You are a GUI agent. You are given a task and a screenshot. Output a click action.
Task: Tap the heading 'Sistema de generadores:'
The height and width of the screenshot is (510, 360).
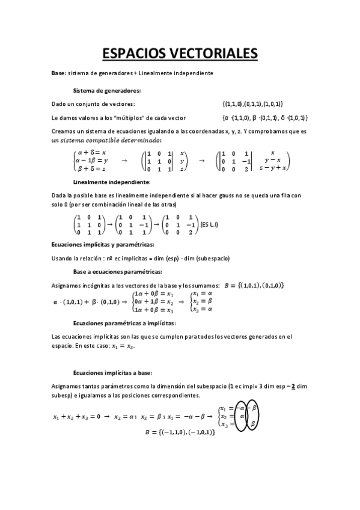pyautogui.click(x=107, y=91)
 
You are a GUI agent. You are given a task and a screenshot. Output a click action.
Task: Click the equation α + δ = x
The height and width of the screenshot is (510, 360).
pyautogui.click(x=92, y=152)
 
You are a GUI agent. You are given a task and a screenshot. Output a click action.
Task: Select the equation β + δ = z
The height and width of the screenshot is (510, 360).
pyautogui.click(x=92, y=170)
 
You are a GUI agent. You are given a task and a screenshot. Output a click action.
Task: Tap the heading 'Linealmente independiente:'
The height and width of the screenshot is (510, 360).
pyautogui.click(x=112, y=182)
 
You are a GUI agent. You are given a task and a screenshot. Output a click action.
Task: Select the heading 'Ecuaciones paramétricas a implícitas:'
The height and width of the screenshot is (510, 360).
pyautogui.click(x=124, y=323)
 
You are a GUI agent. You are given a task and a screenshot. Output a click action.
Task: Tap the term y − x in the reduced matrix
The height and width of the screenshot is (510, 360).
pyautogui.click(x=273, y=161)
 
